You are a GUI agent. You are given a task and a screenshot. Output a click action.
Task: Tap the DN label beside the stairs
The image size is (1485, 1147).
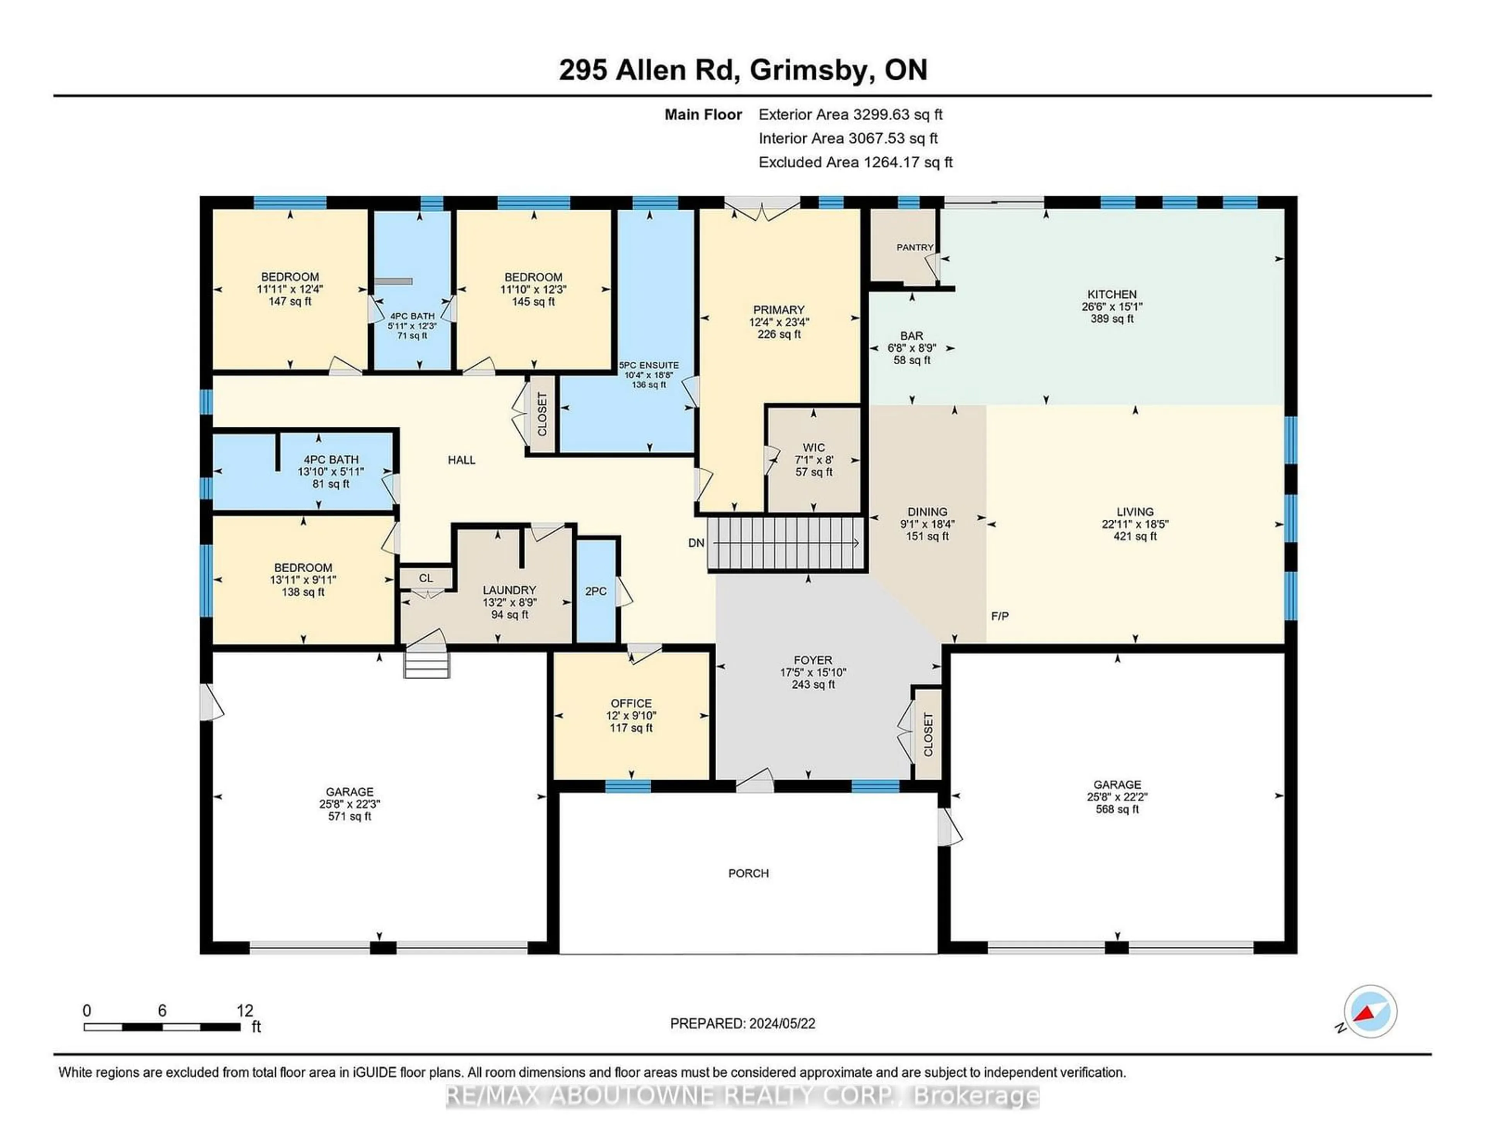click(x=696, y=543)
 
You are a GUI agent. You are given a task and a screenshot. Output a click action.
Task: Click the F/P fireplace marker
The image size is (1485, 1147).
click(x=1000, y=616)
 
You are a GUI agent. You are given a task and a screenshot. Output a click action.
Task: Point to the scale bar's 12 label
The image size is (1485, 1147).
click(x=245, y=1010)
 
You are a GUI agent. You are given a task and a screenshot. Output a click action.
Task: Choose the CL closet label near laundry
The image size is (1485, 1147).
click(x=426, y=578)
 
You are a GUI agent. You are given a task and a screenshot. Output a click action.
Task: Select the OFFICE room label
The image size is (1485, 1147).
click(x=631, y=703)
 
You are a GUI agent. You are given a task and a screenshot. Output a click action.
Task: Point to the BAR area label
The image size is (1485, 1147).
click(x=912, y=336)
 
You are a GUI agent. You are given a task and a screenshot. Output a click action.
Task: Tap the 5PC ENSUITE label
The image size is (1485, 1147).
click(x=649, y=365)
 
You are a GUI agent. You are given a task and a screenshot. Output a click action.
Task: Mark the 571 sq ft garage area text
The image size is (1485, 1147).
click(x=350, y=816)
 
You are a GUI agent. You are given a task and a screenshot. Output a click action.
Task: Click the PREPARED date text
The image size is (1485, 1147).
click(x=742, y=1023)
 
